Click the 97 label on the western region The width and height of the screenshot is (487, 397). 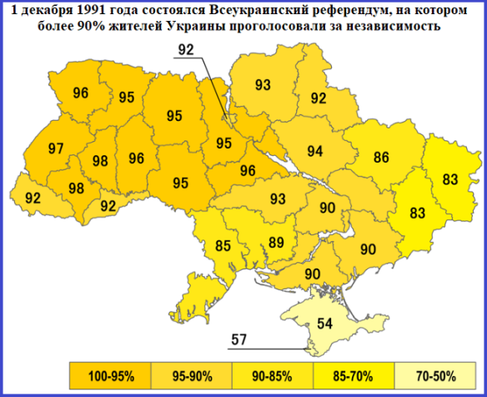pyautogui.click(x=56, y=148)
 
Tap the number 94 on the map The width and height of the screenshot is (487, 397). pyautogui.click(x=314, y=151)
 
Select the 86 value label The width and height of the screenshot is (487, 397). pyautogui.click(x=381, y=156)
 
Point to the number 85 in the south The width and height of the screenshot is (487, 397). pyautogui.click(x=223, y=246)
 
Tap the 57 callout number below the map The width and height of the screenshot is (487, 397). pyautogui.click(x=239, y=339)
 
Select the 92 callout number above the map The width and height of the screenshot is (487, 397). pyautogui.click(x=186, y=49)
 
